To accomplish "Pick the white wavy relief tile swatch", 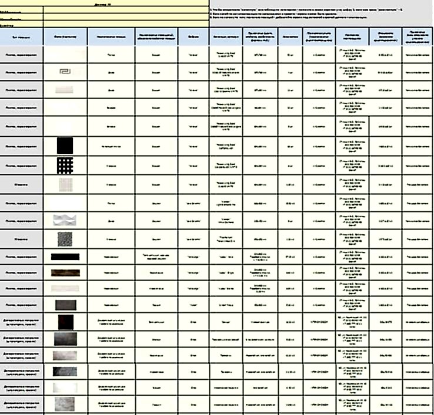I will pos(65,221).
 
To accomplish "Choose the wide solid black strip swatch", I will pos(65,257).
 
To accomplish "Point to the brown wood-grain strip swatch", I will pos(65,272).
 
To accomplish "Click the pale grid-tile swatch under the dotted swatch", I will pos(65,184).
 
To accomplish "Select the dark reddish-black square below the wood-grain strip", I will pos(65,322).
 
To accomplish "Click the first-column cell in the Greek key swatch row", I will pos(21,72).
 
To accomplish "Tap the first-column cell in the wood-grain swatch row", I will pos(21,272).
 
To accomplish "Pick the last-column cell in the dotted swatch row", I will pos(418,166).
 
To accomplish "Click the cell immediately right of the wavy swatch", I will pos(111,221).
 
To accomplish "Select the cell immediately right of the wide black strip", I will pos(111,257).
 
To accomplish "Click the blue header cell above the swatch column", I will pos(65,36).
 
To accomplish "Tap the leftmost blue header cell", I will pos(21,36).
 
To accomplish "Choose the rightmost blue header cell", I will pos(418,36).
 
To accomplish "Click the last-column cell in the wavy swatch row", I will pos(418,221).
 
